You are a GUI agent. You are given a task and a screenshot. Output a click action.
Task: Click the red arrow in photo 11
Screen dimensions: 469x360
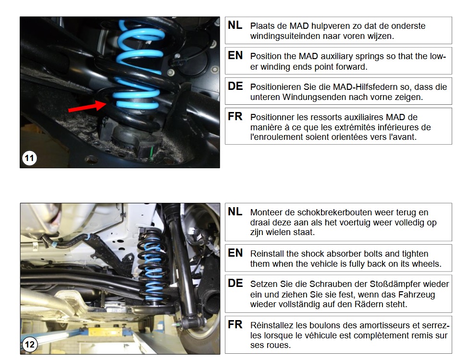[x=87, y=106]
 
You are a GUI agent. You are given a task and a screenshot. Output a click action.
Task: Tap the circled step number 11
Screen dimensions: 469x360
[x=29, y=158]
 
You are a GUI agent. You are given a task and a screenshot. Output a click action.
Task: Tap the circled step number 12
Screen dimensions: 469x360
[x=30, y=345]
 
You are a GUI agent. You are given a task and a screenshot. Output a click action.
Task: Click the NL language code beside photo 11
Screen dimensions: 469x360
[x=235, y=25]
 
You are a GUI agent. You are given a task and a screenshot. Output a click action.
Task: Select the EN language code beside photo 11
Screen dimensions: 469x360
[x=235, y=55]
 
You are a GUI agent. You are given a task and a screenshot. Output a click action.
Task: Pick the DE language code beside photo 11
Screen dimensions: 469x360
[x=235, y=86]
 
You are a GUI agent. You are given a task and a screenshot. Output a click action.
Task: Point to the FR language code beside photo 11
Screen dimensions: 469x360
[x=235, y=116]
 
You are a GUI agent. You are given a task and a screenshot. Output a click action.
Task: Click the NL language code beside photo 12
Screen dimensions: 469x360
[x=235, y=211]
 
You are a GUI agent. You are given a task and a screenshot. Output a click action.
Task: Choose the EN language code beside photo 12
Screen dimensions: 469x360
[x=235, y=253]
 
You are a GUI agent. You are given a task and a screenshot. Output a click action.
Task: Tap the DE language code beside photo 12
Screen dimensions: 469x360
[x=235, y=283]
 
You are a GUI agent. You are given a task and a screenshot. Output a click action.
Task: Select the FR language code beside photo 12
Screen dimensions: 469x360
[x=235, y=324]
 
